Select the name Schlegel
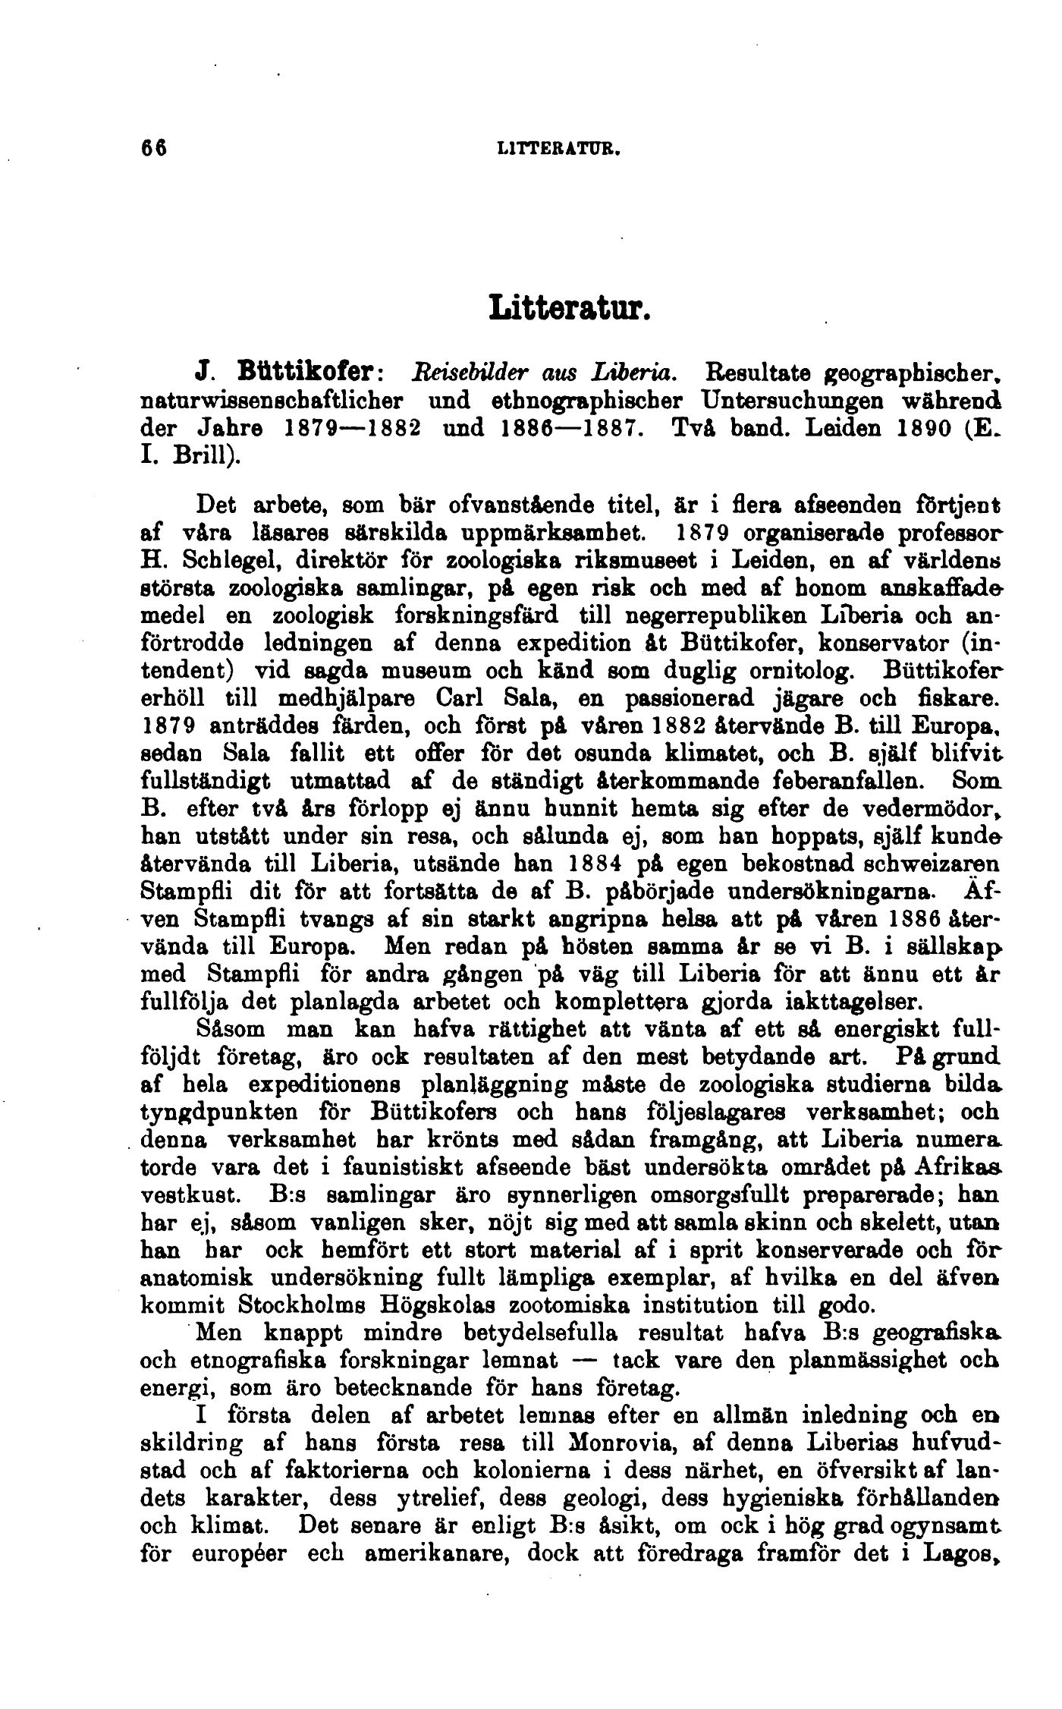click(225, 562)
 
